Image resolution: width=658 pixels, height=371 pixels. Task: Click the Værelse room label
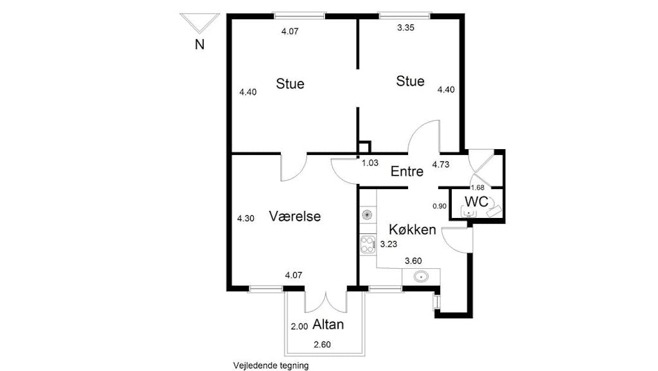[x=294, y=216]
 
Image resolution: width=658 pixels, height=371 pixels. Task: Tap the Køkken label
[x=412, y=230]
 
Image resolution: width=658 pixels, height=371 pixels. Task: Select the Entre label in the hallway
[x=407, y=171]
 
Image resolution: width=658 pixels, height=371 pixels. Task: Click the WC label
[x=476, y=202]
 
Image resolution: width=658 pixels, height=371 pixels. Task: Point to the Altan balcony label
[x=328, y=325]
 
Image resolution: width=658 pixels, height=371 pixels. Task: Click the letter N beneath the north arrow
[x=199, y=44]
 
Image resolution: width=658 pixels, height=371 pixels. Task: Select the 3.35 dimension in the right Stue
[x=406, y=28]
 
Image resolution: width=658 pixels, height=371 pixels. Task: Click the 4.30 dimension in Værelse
[x=245, y=218]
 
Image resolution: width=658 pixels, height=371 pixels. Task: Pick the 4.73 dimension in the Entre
[x=441, y=165]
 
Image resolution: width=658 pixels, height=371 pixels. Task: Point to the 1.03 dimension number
[x=370, y=163]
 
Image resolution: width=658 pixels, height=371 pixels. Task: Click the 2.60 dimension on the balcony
[x=323, y=345]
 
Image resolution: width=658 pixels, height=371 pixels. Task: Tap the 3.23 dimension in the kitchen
[x=389, y=244]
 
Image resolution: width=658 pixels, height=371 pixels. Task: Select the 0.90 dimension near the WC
[x=440, y=206]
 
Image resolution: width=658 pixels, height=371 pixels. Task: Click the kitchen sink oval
[x=421, y=277]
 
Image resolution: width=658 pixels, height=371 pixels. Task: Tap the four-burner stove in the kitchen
[x=368, y=245]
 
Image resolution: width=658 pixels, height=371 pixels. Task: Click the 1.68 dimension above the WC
[x=477, y=188]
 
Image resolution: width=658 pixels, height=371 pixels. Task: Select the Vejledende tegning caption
[x=271, y=366]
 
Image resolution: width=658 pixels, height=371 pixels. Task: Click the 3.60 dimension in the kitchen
[x=413, y=261]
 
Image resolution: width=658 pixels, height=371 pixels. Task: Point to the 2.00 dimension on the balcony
[x=299, y=326]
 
